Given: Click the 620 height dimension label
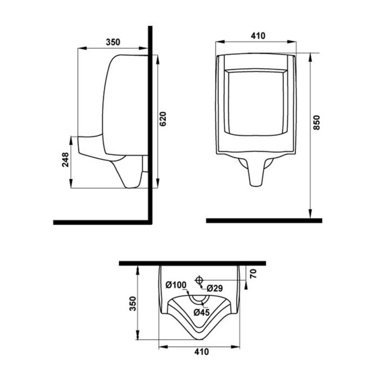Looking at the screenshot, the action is [164, 119].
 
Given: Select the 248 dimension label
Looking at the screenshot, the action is [66, 159].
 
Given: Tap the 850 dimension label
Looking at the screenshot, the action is [316, 122].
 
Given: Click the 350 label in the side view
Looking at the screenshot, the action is [113, 42].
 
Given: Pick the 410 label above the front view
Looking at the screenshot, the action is [258, 36].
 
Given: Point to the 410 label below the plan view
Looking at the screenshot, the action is [201, 352].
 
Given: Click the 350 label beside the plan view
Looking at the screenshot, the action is [133, 303].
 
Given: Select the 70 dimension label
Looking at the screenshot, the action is [253, 273].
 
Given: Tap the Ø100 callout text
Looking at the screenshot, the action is [176, 285].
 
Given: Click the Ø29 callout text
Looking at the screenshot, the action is [215, 288].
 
